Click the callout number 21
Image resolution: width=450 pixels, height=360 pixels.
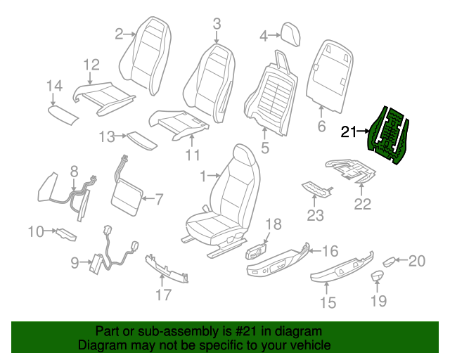[349, 131]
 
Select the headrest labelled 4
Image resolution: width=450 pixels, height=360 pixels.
[289, 33]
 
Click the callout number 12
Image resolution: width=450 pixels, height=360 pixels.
[91, 65]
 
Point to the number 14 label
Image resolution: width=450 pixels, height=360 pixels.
[54, 86]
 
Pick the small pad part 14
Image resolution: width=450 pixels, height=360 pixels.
[63, 112]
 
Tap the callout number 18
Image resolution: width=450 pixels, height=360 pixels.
[273, 224]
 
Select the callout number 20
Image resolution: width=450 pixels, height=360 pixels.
[417, 262]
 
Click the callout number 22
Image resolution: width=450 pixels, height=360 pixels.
[362, 205]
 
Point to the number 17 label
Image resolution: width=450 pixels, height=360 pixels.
[163, 295]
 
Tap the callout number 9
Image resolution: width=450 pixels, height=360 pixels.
[75, 263]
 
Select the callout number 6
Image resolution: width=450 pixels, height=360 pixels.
[321, 127]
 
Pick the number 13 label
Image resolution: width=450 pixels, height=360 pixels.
[106, 136]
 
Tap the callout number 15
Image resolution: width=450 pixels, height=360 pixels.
[328, 303]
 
